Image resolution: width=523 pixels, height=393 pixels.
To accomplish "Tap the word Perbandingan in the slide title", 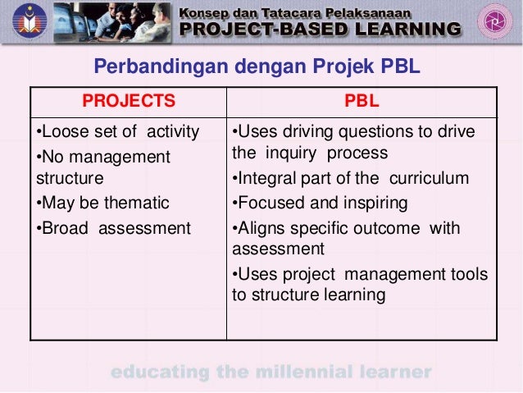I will coord(152,66).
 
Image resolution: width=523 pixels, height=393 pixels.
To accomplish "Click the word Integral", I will coord(265,178).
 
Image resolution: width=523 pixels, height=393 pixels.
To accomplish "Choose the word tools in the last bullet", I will coord(468,274).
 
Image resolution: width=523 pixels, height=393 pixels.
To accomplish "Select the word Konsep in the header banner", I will coord(208,11).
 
